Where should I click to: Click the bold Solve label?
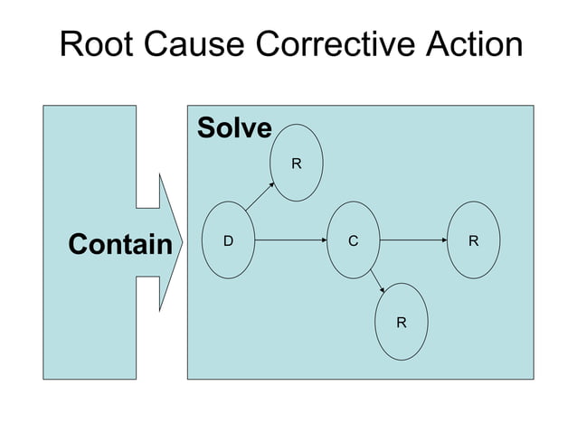click(x=234, y=128)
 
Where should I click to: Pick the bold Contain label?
click(x=120, y=244)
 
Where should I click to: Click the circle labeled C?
click(x=353, y=240)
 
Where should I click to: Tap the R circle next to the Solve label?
click(x=296, y=164)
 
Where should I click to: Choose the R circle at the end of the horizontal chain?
click(x=474, y=240)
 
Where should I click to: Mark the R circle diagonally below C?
click(x=401, y=321)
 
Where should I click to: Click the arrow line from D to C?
click(x=289, y=240)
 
